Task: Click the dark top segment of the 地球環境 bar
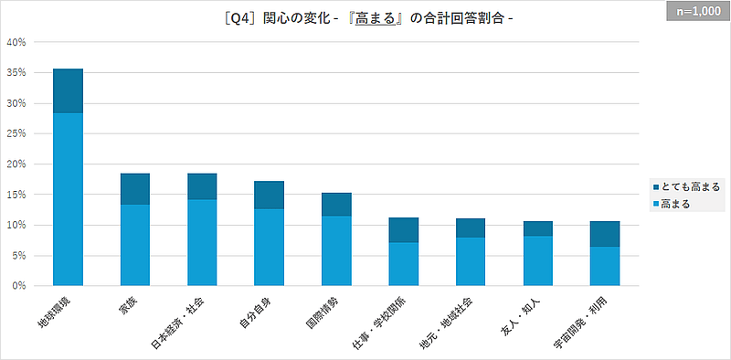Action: click(68, 90)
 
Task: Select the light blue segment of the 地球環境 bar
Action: click(68, 199)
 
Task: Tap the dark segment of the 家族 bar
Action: click(135, 188)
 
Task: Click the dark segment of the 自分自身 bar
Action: click(270, 195)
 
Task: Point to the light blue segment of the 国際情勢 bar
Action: click(336, 250)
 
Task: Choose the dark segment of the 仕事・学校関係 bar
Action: click(404, 229)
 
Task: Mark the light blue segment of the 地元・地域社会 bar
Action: click(471, 261)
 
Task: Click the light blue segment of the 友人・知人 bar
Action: click(538, 260)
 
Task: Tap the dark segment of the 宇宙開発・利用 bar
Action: click(605, 234)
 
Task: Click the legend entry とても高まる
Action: click(686, 186)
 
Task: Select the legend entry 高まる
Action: click(675, 204)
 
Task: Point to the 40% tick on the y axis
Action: click(20, 42)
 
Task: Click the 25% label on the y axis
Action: click(20, 133)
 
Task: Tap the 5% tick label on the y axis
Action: click(23, 255)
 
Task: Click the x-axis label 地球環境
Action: click(64, 312)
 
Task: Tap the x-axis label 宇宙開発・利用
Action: click(592, 317)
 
